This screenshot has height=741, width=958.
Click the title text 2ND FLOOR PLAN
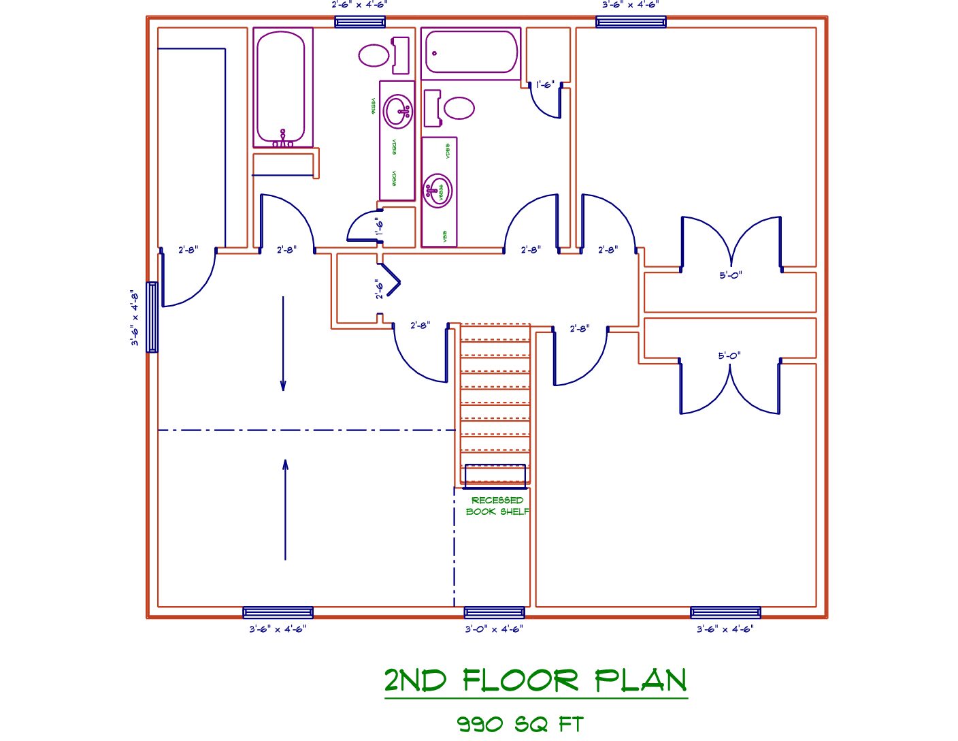coord(535,680)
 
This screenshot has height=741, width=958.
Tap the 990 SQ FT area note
coord(520,723)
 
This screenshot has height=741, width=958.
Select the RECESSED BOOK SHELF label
coord(497,506)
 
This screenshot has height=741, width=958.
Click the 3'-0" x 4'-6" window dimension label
coord(494,629)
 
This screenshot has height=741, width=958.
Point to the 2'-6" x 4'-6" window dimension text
coord(359,5)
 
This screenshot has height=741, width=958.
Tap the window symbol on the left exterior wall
coord(152,317)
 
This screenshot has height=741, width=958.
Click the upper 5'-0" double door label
coord(731,275)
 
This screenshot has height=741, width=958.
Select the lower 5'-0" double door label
coord(729,356)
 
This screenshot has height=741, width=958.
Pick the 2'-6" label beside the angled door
coord(379,289)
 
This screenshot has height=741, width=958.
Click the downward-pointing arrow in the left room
coord(283,344)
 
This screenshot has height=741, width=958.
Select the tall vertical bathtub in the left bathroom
coord(280,86)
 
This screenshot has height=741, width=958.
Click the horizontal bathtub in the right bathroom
coord(471,52)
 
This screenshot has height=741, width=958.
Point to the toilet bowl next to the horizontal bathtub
coord(458,108)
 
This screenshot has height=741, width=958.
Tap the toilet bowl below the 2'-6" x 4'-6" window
coord(374,55)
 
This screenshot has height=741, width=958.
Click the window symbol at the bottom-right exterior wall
coord(725,612)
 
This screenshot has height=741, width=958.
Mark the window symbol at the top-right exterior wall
coord(631,22)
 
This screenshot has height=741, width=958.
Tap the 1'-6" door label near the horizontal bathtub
coord(545,85)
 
